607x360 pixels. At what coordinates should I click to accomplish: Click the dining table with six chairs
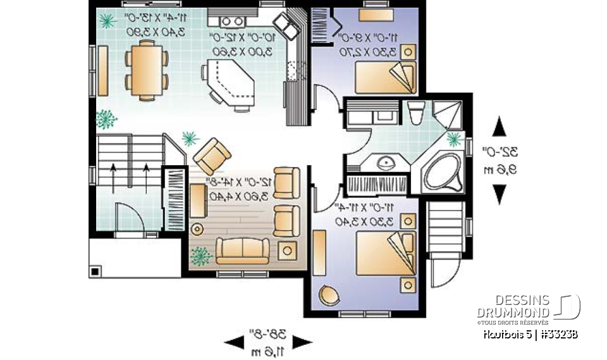click(147, 69)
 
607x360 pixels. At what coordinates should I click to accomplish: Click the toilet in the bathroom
click(415, 113)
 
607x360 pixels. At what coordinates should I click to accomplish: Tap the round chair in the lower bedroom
click(330, 295)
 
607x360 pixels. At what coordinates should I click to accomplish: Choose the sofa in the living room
click(243, 251)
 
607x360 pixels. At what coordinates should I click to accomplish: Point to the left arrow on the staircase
click(114, 177)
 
